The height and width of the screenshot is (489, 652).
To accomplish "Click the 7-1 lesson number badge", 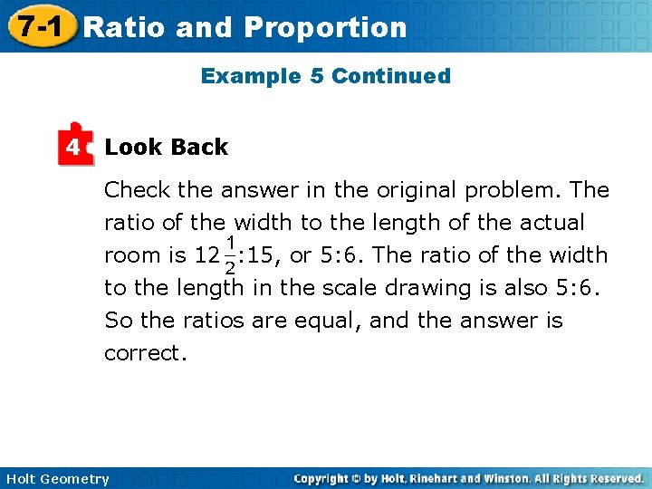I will tap(37, 26).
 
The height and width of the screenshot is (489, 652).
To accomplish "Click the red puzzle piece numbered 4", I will tap(75, 145).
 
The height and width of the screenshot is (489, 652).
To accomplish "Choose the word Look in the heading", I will tap(132, 147).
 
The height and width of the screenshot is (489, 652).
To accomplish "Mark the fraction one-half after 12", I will tap(230, 255).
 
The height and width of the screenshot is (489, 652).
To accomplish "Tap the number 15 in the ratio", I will tap(263, 256).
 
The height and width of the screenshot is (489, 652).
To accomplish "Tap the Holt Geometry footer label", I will tap(57, 479).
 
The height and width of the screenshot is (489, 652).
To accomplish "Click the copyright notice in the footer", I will tap(469, 478).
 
